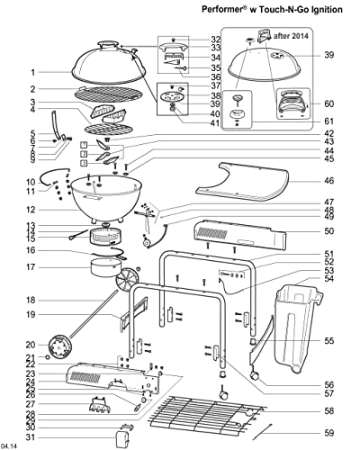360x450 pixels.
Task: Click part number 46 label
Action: pos(329,181)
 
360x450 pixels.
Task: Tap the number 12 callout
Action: pos(30,210)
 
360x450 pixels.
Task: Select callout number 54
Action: pos(329,279)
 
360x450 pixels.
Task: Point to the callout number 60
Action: pos(329,103)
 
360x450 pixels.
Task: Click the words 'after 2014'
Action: pos(291,36)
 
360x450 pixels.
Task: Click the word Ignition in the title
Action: pos(325,10)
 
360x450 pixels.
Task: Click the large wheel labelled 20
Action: pos(60,347)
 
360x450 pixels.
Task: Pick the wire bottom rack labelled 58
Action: pos(207,417)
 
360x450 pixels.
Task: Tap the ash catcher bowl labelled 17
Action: pos(106,268)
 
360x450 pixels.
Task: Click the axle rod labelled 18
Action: pos(94,314)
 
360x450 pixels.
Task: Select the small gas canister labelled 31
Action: pos(122,439)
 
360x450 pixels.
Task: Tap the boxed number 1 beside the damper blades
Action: pos(85,146)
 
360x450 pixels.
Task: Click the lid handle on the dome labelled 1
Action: pos(109,44)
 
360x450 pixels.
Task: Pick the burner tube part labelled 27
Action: pos(100,404)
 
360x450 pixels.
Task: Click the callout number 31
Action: pos(30,437)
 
